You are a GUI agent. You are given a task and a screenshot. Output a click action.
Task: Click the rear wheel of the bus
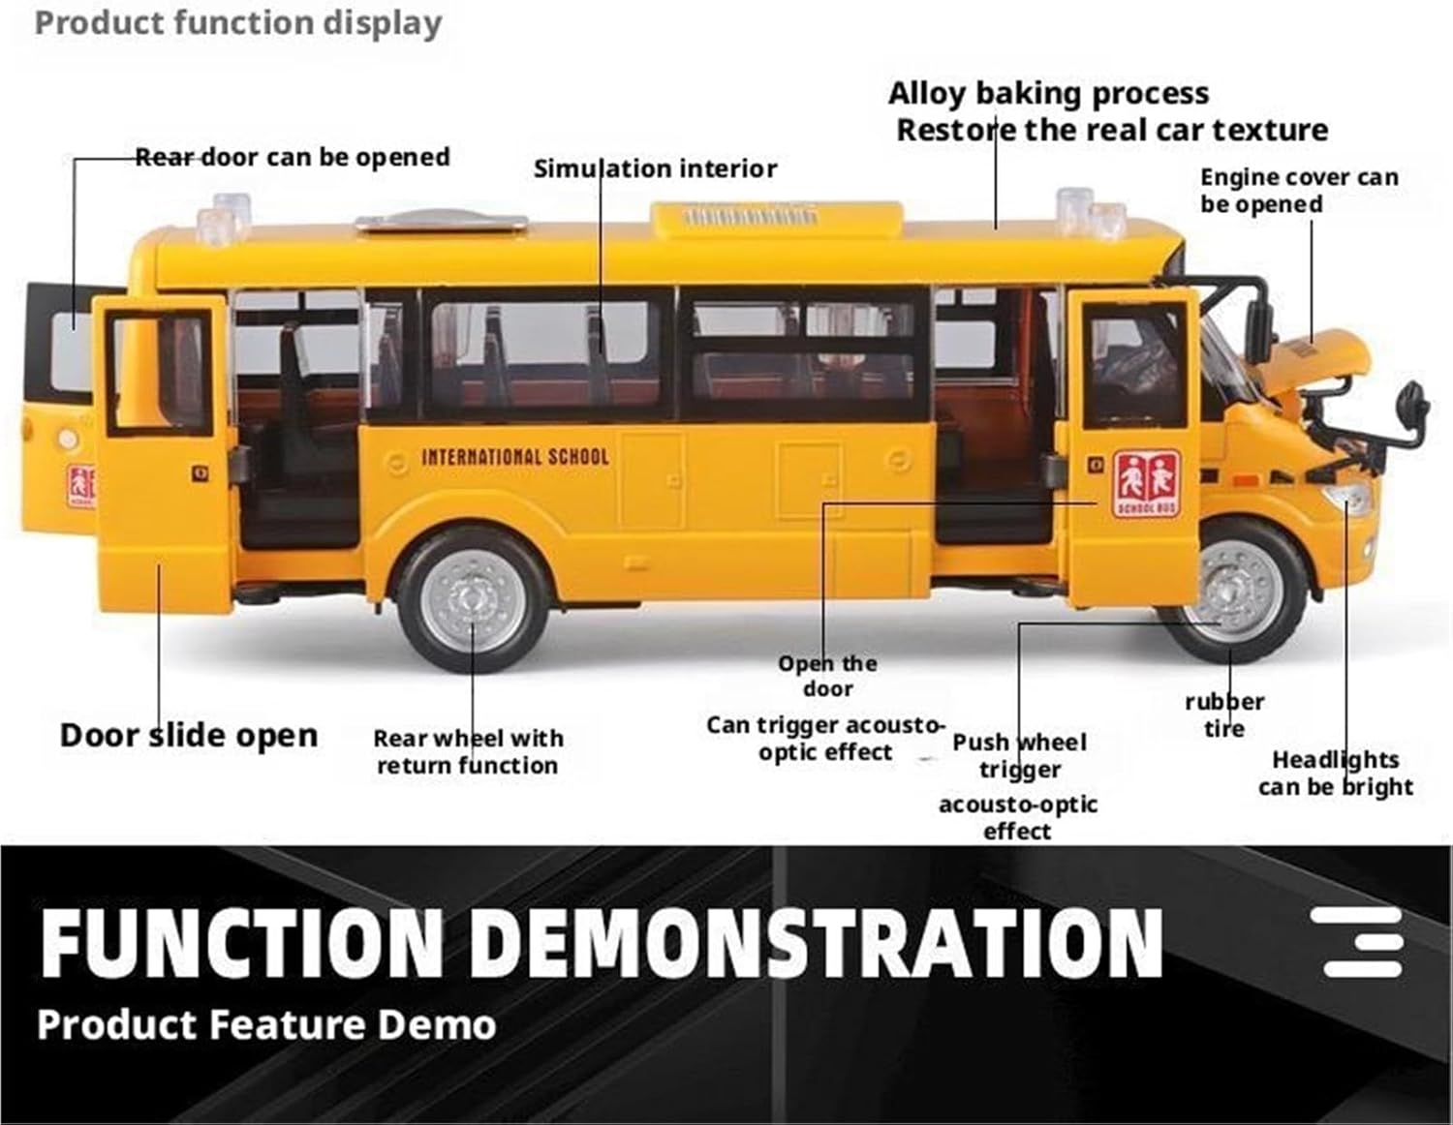click(x=474, y=599)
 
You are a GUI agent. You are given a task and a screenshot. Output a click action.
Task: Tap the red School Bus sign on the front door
click(x=1146, y=482)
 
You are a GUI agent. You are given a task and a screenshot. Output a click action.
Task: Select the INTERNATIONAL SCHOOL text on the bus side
click(x=514, y=456)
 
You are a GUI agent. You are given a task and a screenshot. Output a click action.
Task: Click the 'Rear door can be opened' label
click(x=292, y=157)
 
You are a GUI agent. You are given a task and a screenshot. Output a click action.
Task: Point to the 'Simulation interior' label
click(x=655, y=168)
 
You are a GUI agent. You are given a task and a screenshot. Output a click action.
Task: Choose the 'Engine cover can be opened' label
click(x=1298, y=190)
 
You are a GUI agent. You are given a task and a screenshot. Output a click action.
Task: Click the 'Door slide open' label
click(x=189, y=735)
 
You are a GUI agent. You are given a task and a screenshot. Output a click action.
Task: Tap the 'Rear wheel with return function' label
click(x=468, y=751)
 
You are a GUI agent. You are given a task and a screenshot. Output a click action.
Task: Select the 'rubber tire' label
click(x=1224, y=715)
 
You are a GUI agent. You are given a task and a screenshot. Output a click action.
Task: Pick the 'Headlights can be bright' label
click(x=1335, y=773)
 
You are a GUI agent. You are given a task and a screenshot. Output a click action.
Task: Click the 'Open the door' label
click(x=827, y=676)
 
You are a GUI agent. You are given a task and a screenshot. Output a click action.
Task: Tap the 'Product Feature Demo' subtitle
click(x=266, y=1024)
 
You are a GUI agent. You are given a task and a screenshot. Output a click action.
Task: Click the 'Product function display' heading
click(x=238, y=22)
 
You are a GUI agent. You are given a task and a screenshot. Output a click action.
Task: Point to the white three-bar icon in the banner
click(x=1363, y=941)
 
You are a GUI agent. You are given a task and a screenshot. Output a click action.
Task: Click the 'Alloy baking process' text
click(x=1048, y=93)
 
